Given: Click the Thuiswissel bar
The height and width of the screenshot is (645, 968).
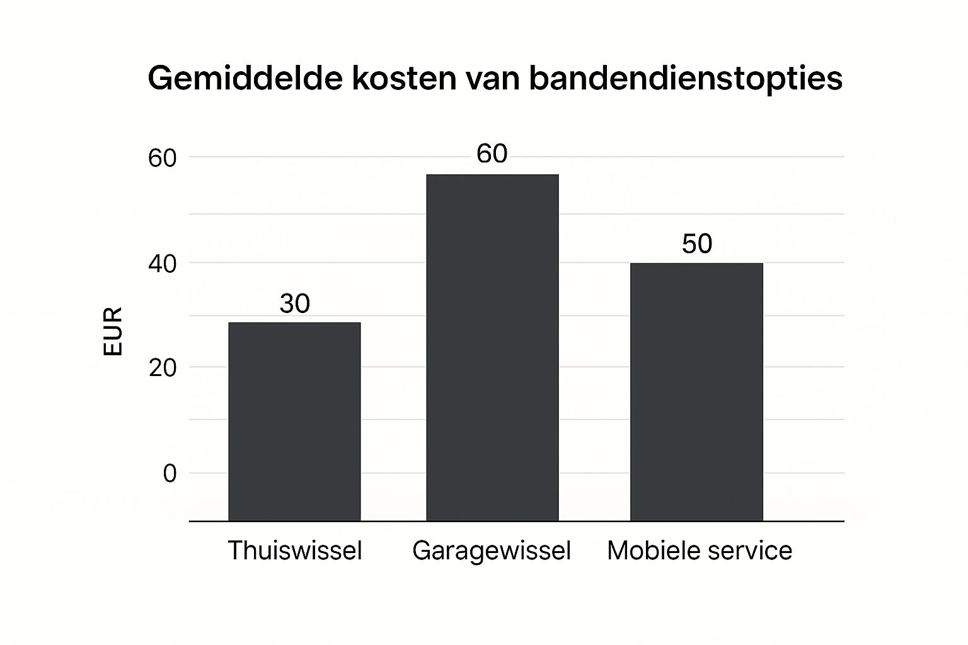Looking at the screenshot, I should (x=294, y=421).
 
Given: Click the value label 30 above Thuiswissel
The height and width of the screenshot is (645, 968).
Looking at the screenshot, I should (x=294, y=304).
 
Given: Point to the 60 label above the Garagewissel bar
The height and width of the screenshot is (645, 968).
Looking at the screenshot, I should (x=492, y=154).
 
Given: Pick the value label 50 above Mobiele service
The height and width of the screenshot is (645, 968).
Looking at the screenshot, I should (x=696, y=244).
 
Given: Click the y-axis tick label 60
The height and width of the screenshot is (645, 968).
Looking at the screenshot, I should (x=162, y=158).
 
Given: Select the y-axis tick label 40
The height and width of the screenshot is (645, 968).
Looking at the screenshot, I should (x=162, y=264).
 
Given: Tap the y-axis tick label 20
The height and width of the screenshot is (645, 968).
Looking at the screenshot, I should (x=162, y=368).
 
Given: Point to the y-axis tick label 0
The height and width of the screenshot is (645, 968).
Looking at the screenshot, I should (x=170, y=474).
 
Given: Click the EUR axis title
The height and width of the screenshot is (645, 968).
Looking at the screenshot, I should (x=112, y=332).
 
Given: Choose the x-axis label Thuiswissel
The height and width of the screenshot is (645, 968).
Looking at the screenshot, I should (x=294, y=551).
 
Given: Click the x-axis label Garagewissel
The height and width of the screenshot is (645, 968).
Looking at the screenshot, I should (x=492, y=551).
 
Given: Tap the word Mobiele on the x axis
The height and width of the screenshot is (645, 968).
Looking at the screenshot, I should (x=649, y=551).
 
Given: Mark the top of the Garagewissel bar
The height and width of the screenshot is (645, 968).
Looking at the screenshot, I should (x=492, y=175).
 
